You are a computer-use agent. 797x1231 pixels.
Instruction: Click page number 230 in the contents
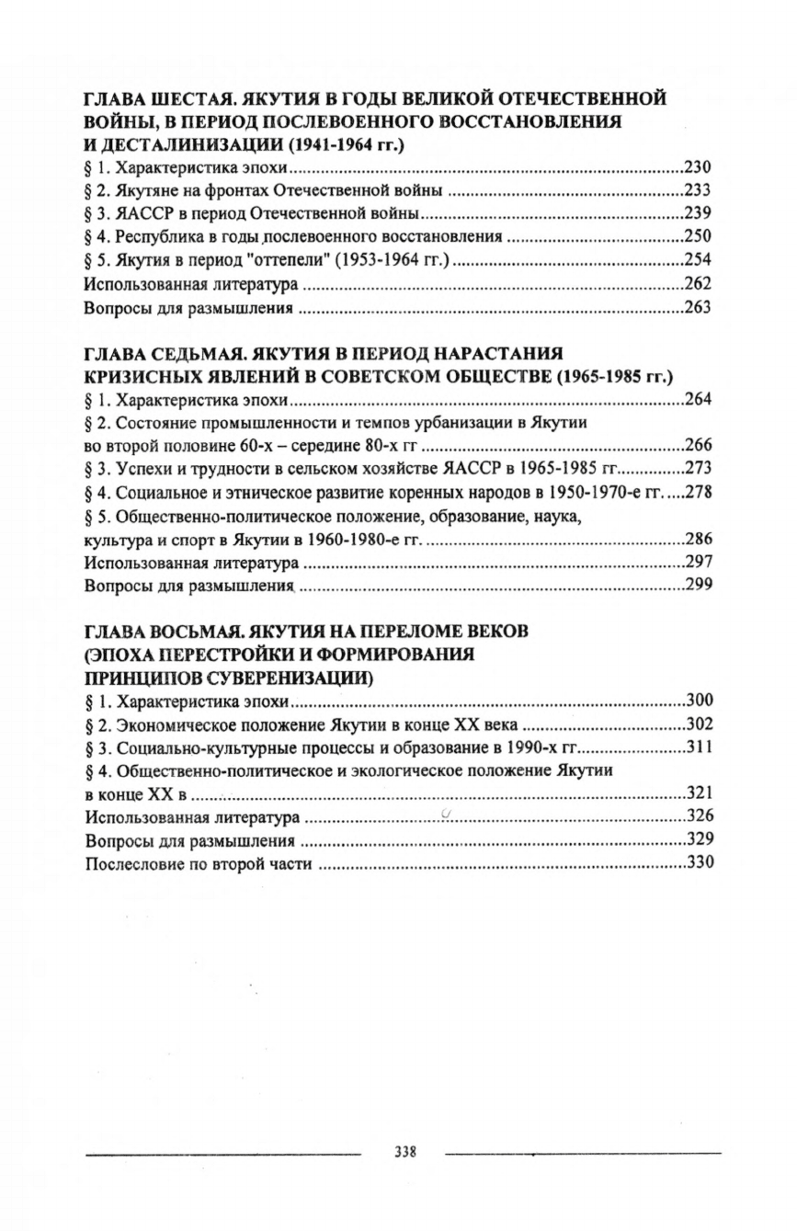699,167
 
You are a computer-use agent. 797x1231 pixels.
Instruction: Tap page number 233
699,191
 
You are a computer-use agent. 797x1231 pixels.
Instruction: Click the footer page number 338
404,1151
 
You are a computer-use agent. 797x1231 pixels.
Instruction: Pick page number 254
699,260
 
